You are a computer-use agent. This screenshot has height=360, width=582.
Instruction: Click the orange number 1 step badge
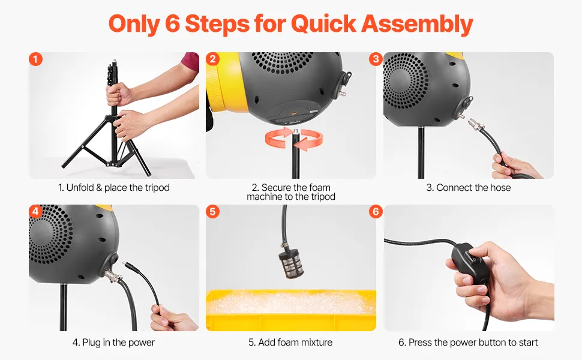[35, 59]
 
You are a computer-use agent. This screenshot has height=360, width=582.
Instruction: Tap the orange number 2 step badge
[212, 59]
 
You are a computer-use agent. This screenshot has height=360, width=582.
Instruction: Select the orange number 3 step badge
[376, 59]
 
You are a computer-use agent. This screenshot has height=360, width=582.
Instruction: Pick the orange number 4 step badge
[35, 212]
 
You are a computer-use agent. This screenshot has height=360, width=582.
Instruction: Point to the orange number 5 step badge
[212, 212]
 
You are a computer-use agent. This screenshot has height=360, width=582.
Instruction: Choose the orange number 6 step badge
[376, 212]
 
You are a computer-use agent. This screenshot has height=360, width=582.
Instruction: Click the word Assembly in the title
[417, 24]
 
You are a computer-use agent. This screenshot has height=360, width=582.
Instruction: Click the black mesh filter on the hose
[291, 264]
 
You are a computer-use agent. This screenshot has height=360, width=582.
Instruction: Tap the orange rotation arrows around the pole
[294, 139]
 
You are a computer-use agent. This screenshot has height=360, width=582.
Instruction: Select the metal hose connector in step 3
[477, 126]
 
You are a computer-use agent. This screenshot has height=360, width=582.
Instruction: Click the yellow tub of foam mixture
[291, 310]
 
